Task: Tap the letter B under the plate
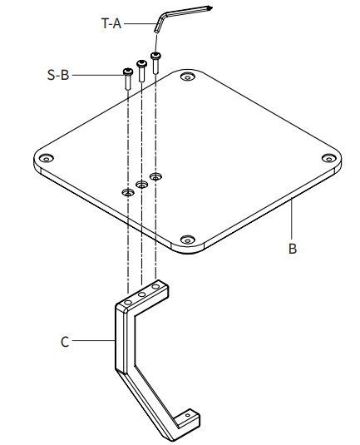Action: click(292, 248)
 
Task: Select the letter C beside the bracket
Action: click(65, 339)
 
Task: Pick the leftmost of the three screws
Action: click(127, 78)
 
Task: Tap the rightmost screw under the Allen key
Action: click(155, 62)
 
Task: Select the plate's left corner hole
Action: click(47, 157)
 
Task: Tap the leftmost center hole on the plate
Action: click(127, 192)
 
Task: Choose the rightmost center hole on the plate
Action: click(155, 175)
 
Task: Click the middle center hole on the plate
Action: click(141, 184)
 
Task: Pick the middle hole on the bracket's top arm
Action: click(142, 294)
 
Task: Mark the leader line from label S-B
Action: click(96, 75)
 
